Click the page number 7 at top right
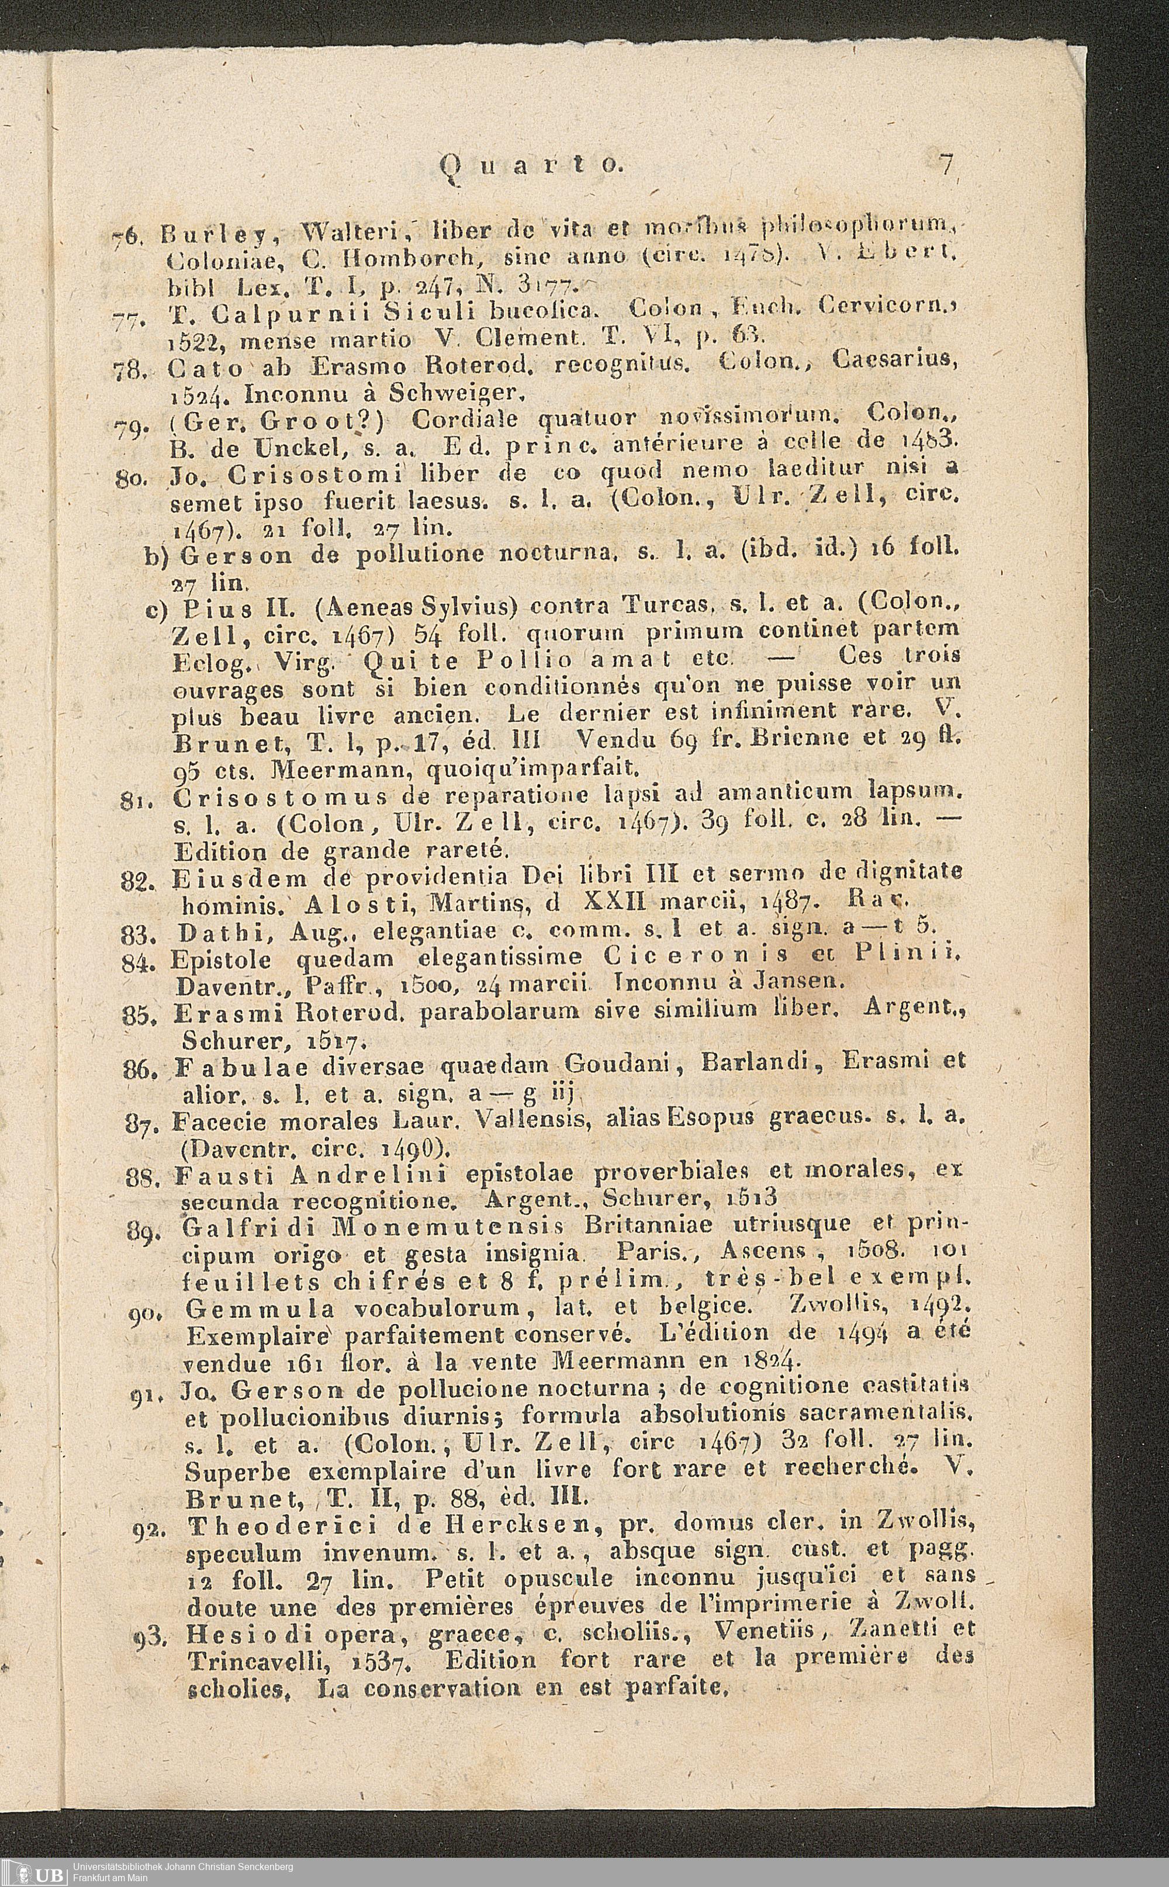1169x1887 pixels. tap(945, 165)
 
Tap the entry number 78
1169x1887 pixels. tap(124, 371)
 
